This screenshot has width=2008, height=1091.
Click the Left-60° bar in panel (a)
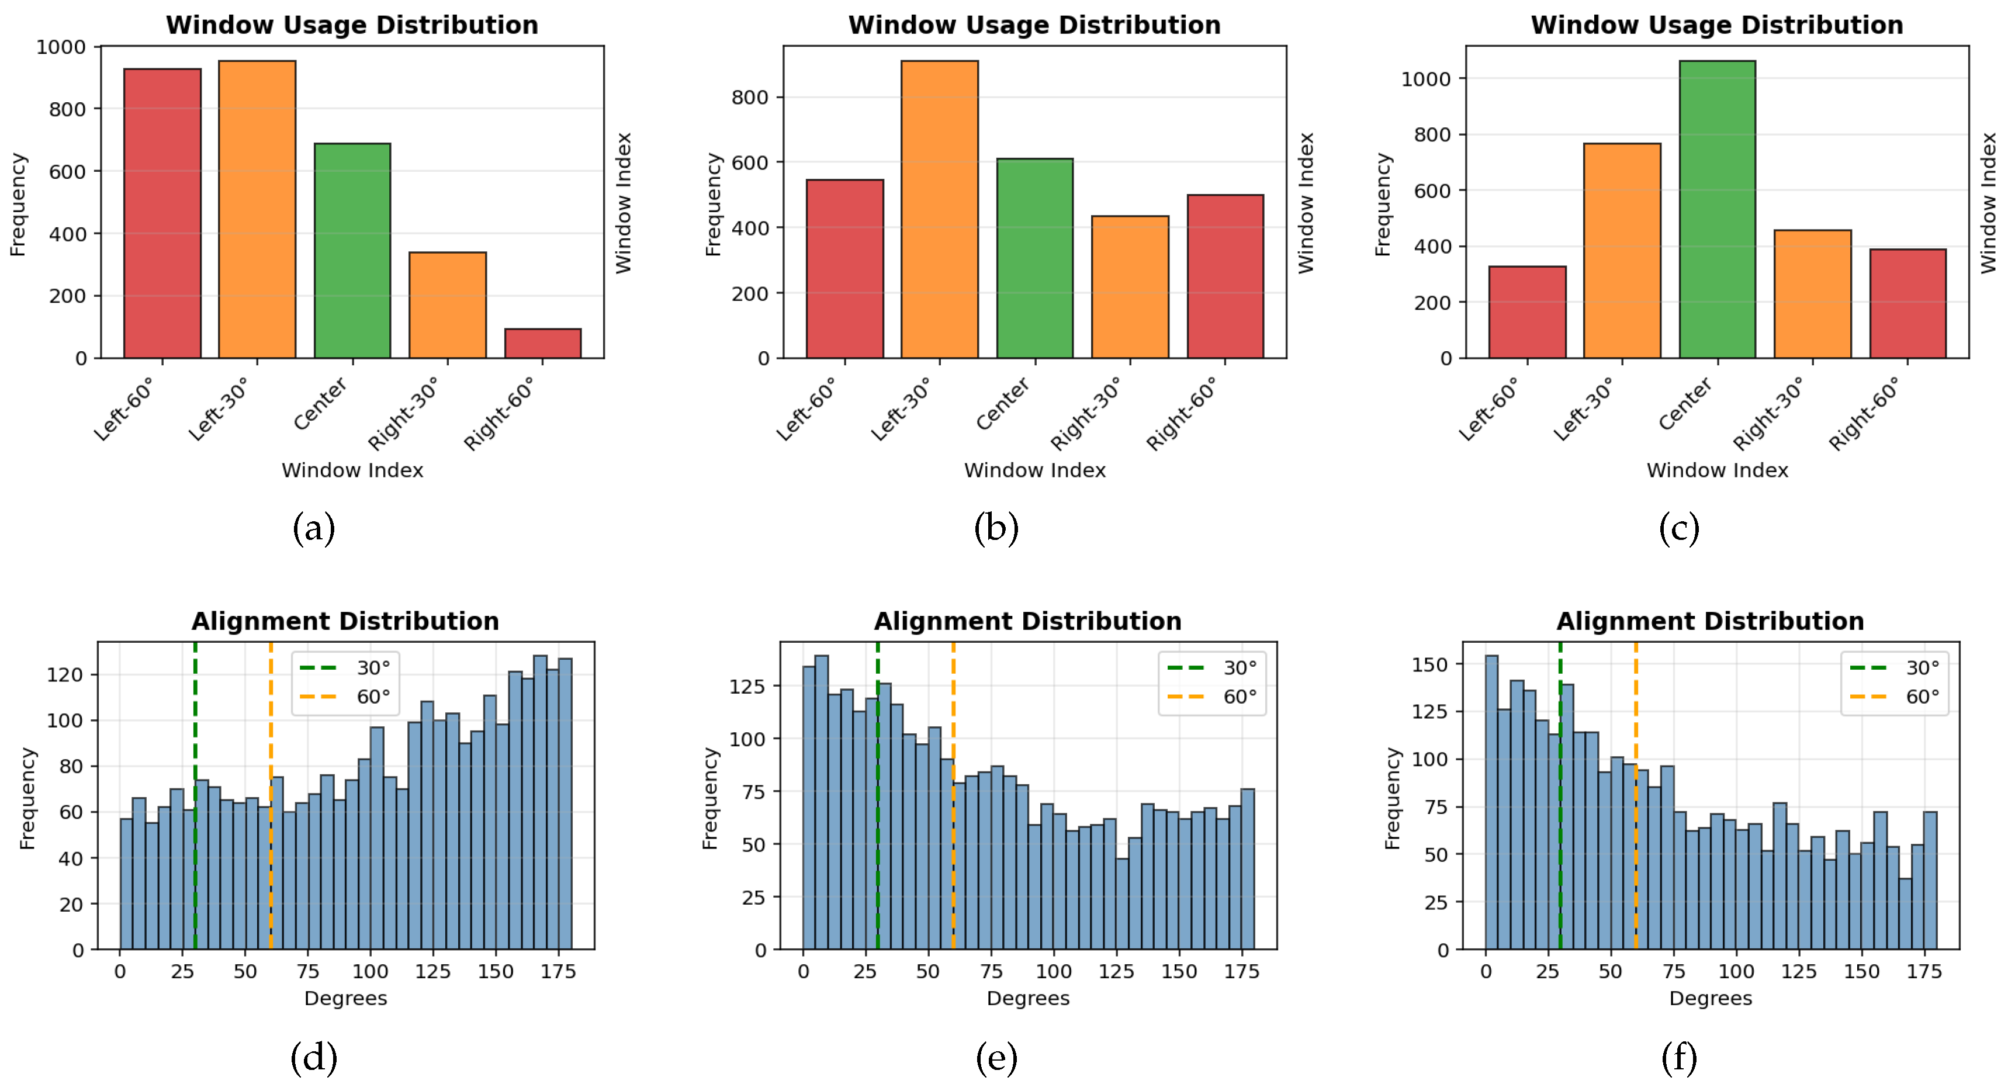162,213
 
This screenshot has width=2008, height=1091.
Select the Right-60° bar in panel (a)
542,344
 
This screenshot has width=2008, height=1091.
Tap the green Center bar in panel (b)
1035,259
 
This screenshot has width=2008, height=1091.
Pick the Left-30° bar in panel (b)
939,210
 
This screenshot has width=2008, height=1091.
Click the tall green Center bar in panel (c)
1717,210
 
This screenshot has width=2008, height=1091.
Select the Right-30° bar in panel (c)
1812,295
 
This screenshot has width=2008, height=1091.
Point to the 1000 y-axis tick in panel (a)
61,47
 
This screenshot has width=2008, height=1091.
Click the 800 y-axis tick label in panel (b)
750,98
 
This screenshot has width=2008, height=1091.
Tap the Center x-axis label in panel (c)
1685,404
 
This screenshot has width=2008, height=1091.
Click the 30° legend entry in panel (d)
345,668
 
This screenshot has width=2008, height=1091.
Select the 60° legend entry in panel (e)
1212,697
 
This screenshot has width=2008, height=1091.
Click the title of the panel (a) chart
352,25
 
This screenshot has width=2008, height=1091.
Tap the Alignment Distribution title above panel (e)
1027,621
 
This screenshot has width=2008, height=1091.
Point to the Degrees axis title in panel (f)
1710,998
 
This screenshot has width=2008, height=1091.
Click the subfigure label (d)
314,1058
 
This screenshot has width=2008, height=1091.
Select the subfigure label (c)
1679,529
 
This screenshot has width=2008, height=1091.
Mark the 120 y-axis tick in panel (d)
65,675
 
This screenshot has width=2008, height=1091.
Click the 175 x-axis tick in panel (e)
1242,972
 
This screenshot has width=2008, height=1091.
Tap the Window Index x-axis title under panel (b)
1034,470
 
